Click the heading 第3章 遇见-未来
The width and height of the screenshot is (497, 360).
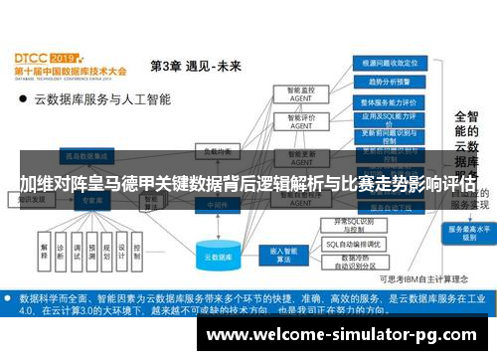pos(195,67)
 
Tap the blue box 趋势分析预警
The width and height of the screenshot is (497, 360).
pos(389,82)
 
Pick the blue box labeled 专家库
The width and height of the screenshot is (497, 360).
pos(91,200)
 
